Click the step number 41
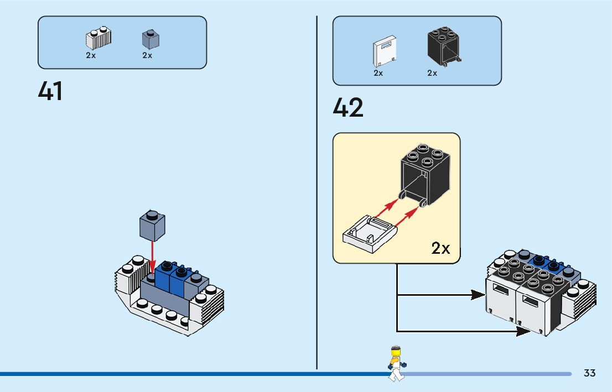click(x=50, y=91)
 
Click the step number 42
click(x=348, y=108)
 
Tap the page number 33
click(x=589, y=373)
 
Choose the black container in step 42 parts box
click(x=444, y=45)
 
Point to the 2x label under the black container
click(x=432, y=73)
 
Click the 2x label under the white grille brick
click(x=91, y=55)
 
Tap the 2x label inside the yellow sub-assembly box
click(x=440, y=248)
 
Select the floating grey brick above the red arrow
click(x=152, y=226)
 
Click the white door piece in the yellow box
click(x=368, y=234)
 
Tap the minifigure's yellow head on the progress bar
click(x=395, y=352)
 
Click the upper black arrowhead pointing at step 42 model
click(x=478, y=295)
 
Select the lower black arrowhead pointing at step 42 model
click(x=523, y=331)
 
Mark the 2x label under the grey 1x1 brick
click(x=147, y=55)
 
